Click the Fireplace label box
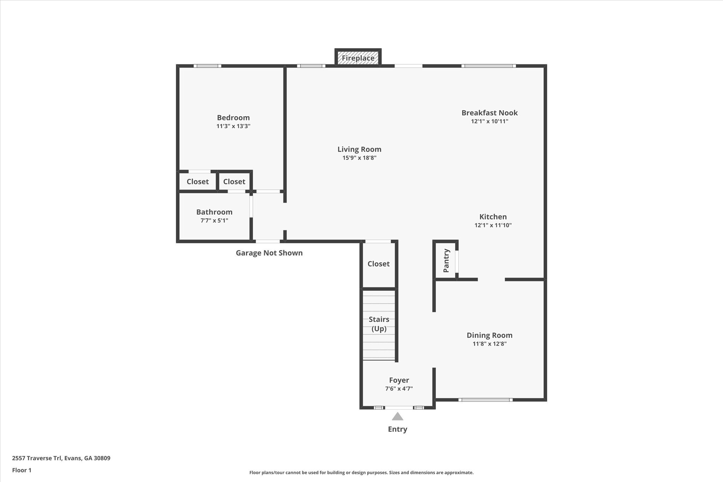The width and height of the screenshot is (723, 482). [358, 58]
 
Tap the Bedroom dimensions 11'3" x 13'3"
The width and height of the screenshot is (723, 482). [233, 126]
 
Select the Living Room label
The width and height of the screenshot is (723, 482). [359, 149]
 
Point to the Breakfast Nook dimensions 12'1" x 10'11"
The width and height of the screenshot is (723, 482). [489, 121]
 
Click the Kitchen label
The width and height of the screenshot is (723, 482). [493, 217]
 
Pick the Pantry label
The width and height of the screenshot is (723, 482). [446, 261]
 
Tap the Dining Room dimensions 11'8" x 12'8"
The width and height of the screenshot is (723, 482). [489, 344]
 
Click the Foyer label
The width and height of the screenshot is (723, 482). [399, 380]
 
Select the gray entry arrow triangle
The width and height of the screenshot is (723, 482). [398, 417]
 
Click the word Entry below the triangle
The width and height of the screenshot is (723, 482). [398, 429]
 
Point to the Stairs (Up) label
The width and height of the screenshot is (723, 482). [379, 324]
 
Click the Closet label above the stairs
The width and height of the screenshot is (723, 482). [378, 264]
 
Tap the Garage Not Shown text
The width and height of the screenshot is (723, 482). [269, 253]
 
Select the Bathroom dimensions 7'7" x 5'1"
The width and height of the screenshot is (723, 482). [214, 221]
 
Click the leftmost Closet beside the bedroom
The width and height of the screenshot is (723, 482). [197, 182]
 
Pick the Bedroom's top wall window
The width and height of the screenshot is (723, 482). [207, 66]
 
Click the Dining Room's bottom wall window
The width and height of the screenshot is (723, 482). [485, 400]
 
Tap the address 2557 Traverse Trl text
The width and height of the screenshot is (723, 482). [61, 458]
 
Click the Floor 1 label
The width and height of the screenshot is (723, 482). [22, 470]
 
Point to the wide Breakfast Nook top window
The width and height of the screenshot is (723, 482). [489, 66]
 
